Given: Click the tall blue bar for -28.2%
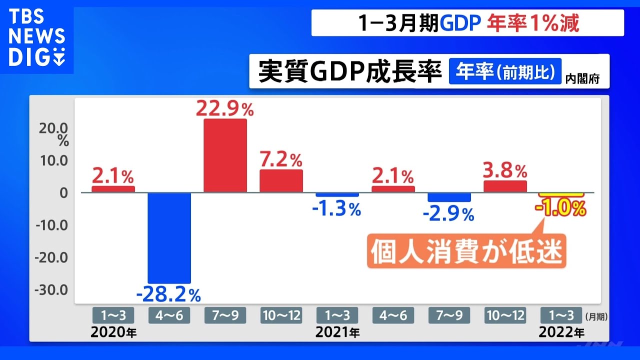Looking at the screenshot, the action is pos(169,238).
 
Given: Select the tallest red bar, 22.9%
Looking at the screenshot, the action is pos(225,155).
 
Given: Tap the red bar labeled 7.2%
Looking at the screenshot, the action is pos(281,181).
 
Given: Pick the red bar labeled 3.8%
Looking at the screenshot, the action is pos(505,186).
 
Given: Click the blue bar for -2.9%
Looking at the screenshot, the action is pos(449,197).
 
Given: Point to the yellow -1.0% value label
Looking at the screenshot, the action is pos(560,208).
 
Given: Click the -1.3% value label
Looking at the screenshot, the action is pos(336,209).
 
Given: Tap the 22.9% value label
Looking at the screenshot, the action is pos(225,108).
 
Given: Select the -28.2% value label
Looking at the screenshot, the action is pos(168,294).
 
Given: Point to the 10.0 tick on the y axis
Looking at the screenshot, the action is pos(53,160).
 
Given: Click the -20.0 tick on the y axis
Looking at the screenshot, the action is pos(51,257).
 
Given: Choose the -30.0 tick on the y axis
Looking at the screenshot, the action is pos(51,290).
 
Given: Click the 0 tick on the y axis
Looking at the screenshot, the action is pos(63,193).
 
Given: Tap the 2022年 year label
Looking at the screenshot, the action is pos(561,332).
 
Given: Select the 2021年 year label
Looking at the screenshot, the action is pos(337,332).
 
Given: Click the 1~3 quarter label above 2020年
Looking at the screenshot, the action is pos(113,315).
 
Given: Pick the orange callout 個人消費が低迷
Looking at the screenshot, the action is pos(466,251).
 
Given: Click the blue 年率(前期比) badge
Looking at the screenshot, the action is pos(505,71).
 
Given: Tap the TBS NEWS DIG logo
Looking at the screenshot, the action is pos(37,37).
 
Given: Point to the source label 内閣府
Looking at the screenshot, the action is pos(582,79).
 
